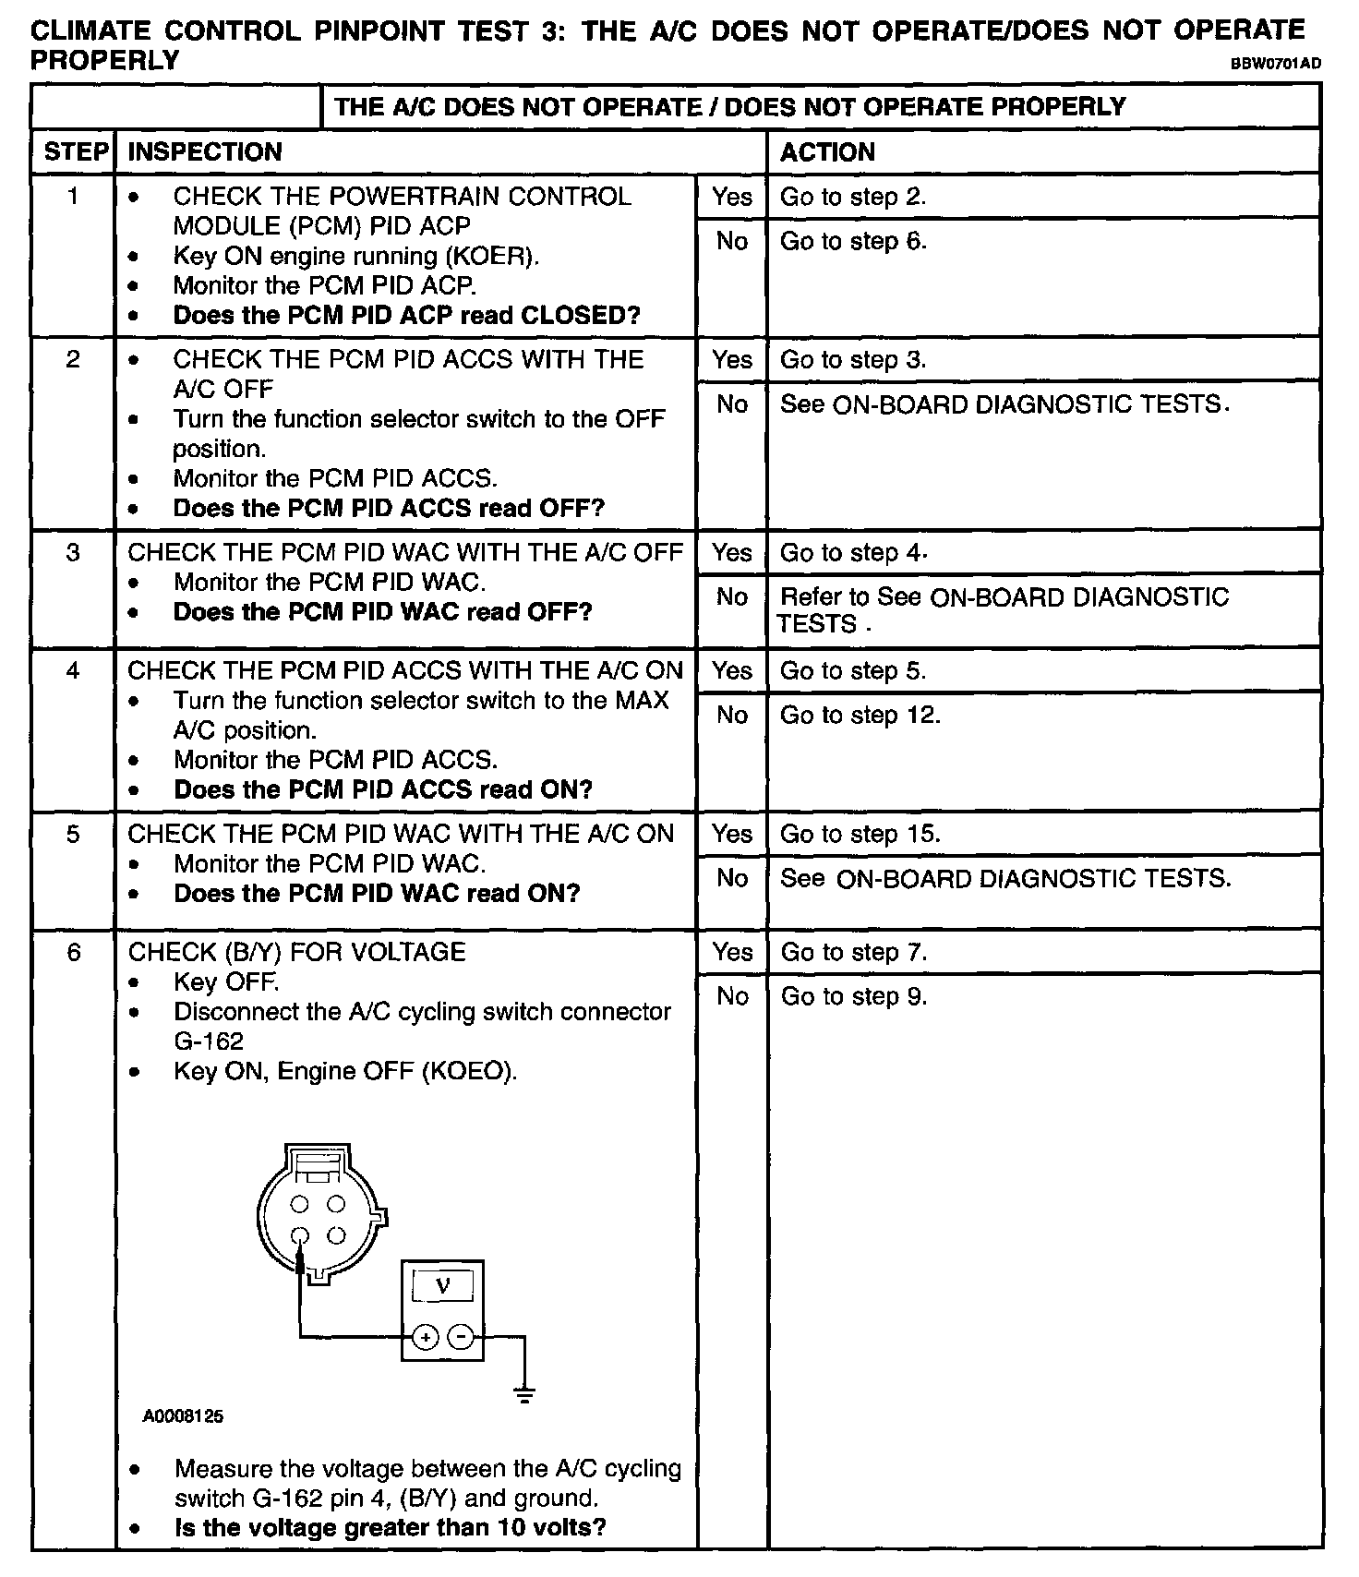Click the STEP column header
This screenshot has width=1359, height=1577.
tap(75, 152)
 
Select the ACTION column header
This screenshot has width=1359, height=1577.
tap(827, 152)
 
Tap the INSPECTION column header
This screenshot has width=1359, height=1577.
tap(204, 152)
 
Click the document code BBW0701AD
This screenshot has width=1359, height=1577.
tap(1274, 64)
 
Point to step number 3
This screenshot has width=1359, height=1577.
tap(73, 553)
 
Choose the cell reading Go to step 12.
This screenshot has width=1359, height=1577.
tap(860, 716)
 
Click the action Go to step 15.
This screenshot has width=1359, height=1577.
tap(860, 835)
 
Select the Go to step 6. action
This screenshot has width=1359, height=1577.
tap(853, 242)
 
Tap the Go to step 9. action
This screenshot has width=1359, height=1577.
tap(853, 997)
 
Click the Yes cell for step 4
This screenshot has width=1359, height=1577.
tap(732, 671)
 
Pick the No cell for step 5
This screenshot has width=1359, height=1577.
tap(732, 879)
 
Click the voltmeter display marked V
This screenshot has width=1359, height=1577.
tap(442, 1286)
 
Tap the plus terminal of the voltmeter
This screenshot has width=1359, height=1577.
tap(425, 1336)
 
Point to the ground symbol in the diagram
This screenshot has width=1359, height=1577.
tap(524, 1395)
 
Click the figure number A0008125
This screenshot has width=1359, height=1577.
tap(183, 1416)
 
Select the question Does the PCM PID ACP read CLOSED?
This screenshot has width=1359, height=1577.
tap(406, 316)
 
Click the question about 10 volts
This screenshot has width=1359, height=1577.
tap(390, 1527)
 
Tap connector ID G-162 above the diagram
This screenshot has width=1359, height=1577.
tap(209, 1041)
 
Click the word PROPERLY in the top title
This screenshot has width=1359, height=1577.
tap(104, 61)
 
